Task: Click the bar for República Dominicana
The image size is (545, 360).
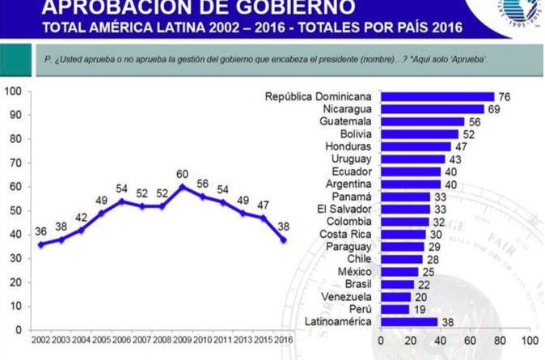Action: (x=437, y=97)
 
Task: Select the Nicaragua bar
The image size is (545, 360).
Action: (x=432, y=109)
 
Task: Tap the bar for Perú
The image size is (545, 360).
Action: (x=395, y=308)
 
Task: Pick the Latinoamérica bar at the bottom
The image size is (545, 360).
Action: (x=408, y=321)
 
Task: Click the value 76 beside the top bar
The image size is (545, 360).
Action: (x=505, y=97)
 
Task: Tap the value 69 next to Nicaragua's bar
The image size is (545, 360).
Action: (x=493, y=109)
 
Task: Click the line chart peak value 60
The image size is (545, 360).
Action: (x=184, y=173)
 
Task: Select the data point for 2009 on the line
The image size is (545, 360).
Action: (x=184, y=186)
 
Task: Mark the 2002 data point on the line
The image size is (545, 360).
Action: (x=41, y=244)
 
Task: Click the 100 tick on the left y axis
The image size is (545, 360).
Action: (x=14, y=91)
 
